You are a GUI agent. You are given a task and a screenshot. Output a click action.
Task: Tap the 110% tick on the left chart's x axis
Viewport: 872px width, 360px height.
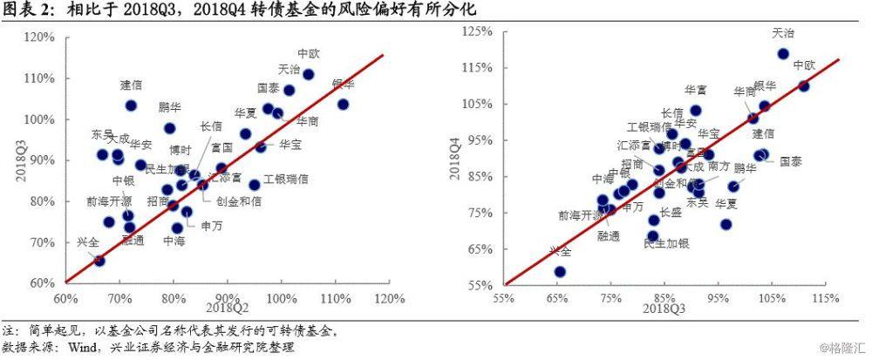point(335,299)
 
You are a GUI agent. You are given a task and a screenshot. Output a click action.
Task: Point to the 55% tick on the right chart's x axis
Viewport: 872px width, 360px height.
point(503,299)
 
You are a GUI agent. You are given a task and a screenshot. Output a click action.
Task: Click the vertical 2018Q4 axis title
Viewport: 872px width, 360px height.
point(453,157)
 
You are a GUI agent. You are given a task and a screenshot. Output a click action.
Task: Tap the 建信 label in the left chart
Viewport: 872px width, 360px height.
point(132,85)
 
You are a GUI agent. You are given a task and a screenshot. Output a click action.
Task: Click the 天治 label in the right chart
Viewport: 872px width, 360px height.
point(783,33)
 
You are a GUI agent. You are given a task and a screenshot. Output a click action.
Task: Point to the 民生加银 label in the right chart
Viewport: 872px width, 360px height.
point(665,243)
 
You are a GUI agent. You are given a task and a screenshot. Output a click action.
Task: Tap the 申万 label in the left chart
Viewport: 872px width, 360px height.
point(211,225)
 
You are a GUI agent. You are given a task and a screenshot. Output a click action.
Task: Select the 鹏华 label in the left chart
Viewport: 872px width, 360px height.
point(170,107)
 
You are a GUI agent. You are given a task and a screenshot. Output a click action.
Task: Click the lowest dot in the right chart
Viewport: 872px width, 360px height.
point(560,271)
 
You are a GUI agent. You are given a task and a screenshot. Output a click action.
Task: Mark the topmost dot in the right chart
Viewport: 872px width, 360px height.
point(782,53)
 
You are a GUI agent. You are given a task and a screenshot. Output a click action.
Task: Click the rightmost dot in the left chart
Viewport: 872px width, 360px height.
point(343,104)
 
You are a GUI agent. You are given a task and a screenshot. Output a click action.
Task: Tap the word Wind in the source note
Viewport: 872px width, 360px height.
point(82,347)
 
